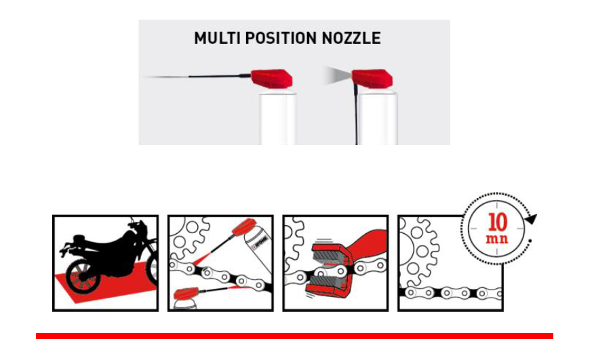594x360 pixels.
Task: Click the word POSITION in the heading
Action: [281, 38]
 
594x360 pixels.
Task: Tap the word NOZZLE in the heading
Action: [351, 38]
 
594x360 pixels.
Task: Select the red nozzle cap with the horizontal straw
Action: [272, 78]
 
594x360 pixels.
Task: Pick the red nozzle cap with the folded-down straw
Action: [372, 79]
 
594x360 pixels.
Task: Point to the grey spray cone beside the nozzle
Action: [337, 75]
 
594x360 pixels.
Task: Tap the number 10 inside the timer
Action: [498, 222]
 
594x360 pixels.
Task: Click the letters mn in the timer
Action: [497, 239]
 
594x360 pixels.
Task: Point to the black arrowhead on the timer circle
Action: [531, 219]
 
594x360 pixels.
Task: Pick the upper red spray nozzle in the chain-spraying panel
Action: [243, 226]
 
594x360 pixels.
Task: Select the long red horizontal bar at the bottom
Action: [294, 336]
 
